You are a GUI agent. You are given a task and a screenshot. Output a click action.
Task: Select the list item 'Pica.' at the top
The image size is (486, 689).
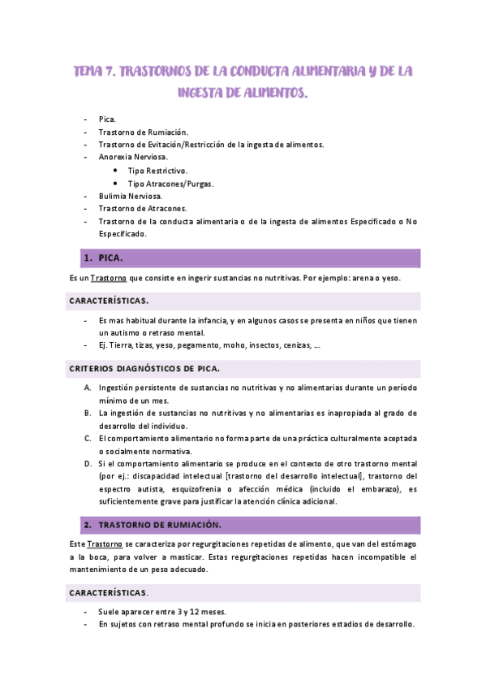(x=107, y=119)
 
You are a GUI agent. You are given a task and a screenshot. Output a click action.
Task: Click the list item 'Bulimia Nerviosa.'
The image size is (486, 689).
(x=131, y=196)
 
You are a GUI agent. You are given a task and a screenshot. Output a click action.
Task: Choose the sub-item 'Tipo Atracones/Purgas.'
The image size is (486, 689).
(x=171, y=184)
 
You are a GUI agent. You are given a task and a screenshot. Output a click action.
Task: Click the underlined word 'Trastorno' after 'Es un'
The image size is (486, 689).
(x=108, y=279)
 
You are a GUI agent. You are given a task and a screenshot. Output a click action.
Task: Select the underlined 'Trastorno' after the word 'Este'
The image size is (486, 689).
(x=104, y=543)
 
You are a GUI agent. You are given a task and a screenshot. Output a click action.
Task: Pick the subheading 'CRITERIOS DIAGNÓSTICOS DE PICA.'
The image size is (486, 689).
(x=144, y=368)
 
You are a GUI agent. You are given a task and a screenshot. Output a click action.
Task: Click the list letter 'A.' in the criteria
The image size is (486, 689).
(x=88, y=388)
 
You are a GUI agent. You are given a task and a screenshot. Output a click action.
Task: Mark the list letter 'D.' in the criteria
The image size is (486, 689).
(x=88, y=463)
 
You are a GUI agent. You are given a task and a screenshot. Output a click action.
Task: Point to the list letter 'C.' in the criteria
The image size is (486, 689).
(x=88, y=438)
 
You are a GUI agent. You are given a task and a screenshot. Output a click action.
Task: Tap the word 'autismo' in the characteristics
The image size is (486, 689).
(x=125, y=332)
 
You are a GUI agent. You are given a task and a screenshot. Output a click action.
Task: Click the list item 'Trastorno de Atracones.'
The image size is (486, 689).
(x=142, y=209)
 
